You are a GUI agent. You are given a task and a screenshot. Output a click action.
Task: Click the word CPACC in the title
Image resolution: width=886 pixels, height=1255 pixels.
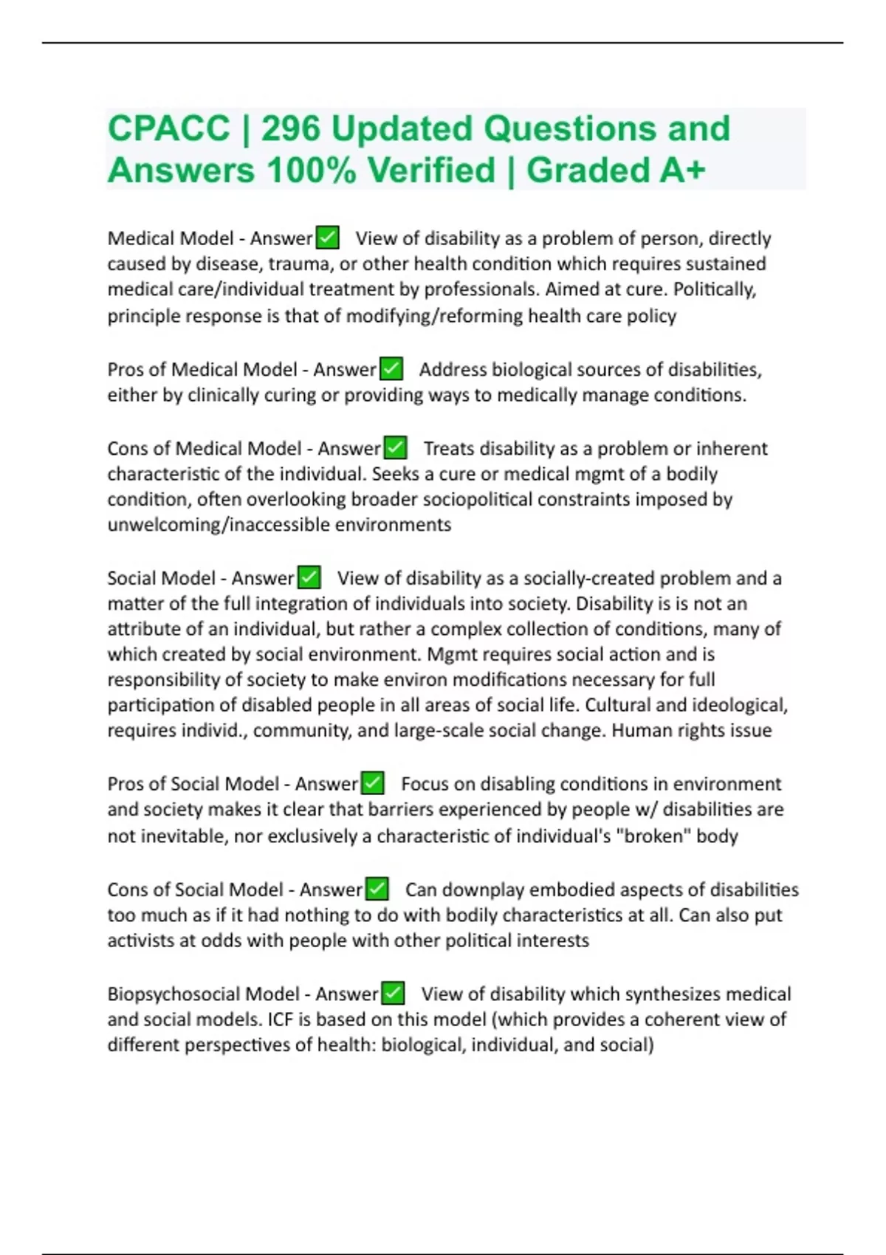[x=168, y=129]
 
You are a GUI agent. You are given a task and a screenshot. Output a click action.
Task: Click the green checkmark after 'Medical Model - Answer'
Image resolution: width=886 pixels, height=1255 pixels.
[x=327, y=238]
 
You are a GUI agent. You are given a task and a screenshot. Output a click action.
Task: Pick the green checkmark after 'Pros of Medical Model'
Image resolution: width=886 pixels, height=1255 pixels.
[x=391, y=369]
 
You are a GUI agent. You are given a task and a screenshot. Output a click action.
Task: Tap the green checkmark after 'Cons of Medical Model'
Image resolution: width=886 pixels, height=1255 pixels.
[x=395, y=448]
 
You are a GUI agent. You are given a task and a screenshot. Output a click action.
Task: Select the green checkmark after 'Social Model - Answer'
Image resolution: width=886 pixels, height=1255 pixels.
[x=309, y=577]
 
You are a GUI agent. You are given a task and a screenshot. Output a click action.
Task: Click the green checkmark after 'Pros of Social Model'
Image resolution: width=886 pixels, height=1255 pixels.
[x=372, y=783]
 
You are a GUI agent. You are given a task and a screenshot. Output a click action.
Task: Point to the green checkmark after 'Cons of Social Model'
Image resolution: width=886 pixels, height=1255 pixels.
[x=377, y=890]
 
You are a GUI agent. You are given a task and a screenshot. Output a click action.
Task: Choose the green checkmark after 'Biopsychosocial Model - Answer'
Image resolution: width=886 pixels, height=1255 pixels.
[x=393, y=994]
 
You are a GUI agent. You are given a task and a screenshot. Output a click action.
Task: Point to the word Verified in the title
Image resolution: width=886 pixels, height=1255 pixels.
[x=431, y=171]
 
